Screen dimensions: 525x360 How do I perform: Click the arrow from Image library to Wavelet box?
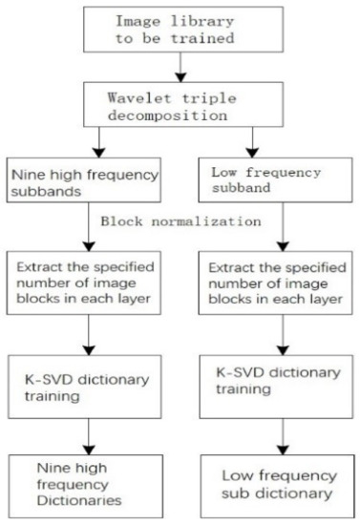coord(177,67)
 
